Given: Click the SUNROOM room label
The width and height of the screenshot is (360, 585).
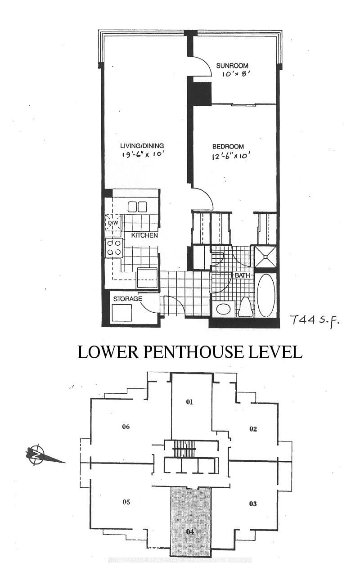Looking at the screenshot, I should point(232,66).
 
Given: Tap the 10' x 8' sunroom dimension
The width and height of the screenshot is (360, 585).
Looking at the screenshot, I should point(233,75).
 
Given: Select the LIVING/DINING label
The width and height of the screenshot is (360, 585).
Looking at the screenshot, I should point(142,146).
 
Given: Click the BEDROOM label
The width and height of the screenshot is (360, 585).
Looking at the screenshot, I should point(228,147).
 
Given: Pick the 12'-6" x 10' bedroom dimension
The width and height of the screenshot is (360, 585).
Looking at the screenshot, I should point(229,156).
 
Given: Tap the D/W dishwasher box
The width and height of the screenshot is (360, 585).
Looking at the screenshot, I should point(112,223).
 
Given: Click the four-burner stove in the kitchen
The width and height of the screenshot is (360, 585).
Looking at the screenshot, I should point(114,247).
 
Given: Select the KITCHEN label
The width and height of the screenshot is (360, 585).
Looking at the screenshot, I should point(144,235).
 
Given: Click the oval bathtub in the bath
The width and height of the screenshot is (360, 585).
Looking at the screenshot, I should point(265,295).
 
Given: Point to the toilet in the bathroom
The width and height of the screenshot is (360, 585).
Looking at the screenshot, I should point(245,308).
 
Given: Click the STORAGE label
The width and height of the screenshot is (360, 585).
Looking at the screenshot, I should point(127,298).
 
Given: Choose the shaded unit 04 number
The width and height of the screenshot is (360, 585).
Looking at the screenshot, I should point(190,531).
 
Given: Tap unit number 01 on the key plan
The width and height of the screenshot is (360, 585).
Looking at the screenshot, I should point(189,402).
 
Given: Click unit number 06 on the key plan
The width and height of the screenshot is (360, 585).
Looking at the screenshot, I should point(126,427).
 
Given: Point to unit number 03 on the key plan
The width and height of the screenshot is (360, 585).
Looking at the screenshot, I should point(253,504).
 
